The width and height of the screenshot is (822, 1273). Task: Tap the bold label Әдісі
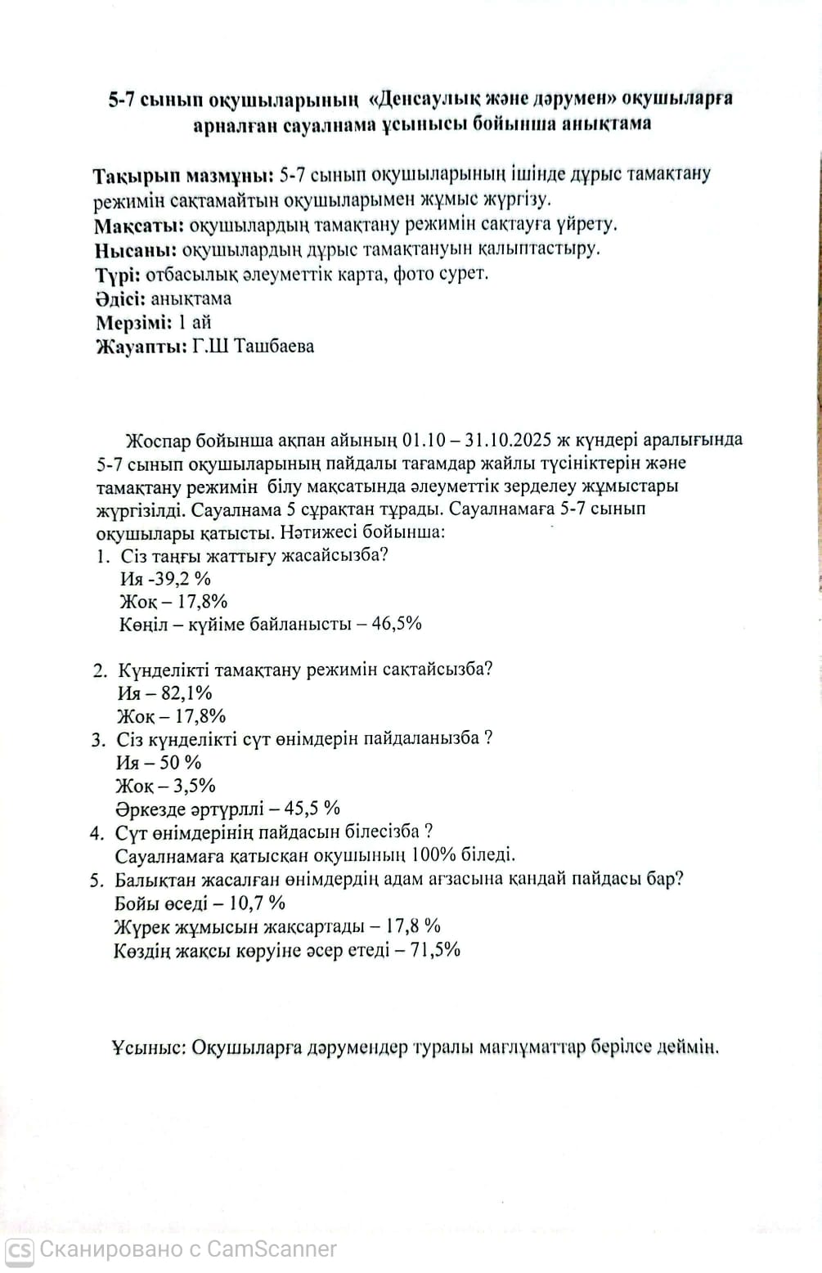click(x=120, y=298)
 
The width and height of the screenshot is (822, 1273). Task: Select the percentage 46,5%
click(x=396, y=624)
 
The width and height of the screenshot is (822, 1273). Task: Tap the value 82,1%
click(x=185, y=693)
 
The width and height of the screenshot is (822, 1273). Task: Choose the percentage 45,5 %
click(x=312, y=809)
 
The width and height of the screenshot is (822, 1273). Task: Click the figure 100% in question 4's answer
click(x=433, y=856)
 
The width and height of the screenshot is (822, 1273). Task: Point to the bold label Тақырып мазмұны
click(x=183, y=177)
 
